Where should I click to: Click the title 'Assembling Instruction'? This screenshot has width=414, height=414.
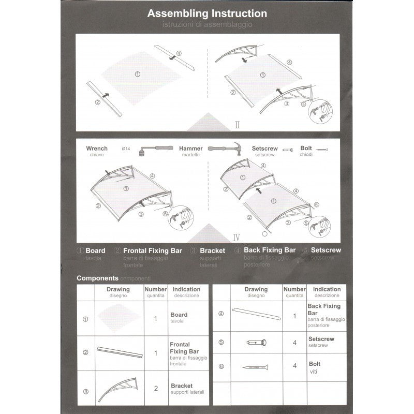207,14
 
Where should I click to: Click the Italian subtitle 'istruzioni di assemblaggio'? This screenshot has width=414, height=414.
207,24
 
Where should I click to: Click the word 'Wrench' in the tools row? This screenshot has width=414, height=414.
97,149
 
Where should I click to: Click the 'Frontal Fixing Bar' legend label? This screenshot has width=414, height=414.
153,250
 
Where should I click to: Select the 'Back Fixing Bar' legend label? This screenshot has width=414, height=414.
270,250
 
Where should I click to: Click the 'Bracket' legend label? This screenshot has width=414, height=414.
212,250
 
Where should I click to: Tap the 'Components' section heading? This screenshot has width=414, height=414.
98,278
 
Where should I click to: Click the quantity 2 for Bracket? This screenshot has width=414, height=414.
155,388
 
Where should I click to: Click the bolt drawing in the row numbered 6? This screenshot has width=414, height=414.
255,367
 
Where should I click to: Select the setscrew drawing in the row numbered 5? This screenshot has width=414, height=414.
256,342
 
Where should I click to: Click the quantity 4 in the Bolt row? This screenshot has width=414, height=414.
294,365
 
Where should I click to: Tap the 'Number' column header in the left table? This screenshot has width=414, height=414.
155,289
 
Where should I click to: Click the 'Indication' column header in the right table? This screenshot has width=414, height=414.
327,289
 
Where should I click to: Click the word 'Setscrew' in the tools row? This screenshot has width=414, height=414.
264,149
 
